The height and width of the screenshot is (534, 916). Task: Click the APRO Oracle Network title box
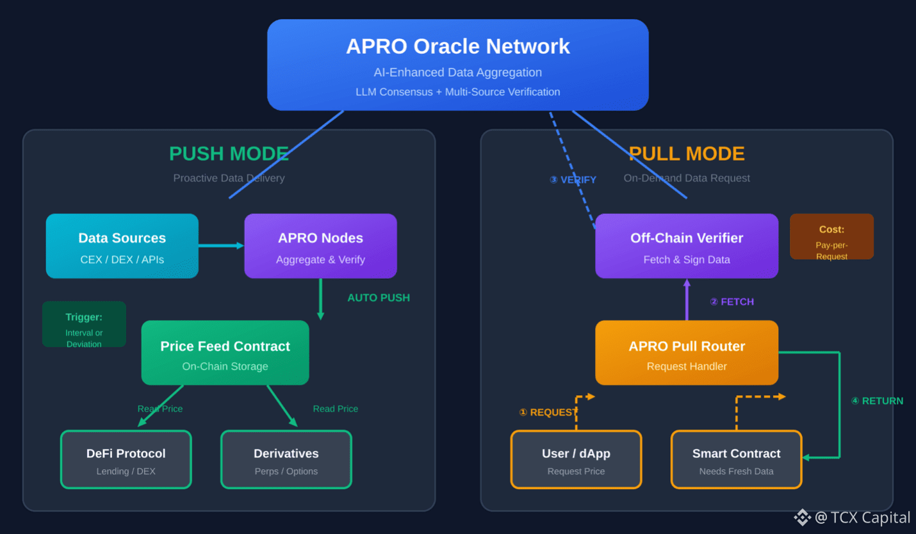click(x=457, y=65)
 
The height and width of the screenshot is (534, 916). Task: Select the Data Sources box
click(x=122, y=246)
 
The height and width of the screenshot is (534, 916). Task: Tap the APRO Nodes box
click(x=320, y=246)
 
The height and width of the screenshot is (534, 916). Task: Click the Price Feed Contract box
click(x=225, y=352)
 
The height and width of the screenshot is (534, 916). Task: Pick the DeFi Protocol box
click(x=126, y=460)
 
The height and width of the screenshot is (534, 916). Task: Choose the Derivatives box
click(x=286, y=460)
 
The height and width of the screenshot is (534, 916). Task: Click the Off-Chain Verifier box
click(x=687, y=246)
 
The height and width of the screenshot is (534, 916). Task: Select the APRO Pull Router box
click(x=687, y=352)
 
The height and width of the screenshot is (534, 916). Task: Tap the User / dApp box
click(x=576, y=460)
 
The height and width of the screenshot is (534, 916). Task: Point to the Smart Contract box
click(x=737, y=460)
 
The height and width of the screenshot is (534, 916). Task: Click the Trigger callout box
click(x=85, y=324)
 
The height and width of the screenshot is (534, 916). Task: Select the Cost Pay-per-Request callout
click(x=831, y=236)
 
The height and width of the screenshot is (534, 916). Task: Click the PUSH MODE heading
click(x=229, y=154)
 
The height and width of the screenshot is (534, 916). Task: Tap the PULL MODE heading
click(x=687, y=154)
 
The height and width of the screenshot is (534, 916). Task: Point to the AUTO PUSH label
click(x=379, y=298)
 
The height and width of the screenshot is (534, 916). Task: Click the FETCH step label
click(x=732, y=302)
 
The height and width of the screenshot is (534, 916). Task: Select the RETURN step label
click(x=877, y=401)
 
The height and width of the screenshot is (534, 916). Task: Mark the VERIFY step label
click(x=573, y=179)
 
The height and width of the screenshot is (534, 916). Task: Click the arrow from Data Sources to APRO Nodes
click(x=221, y=245)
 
